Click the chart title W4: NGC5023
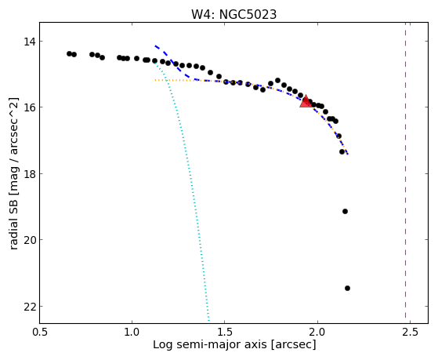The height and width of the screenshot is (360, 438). click(233, 14)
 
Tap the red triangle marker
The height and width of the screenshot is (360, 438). click(306, 102)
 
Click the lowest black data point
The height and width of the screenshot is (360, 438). click(347, 288)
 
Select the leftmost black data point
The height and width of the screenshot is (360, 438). click(69, 53)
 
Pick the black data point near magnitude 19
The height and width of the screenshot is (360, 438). click(346, 211)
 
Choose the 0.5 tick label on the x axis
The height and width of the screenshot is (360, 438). click(40, 332)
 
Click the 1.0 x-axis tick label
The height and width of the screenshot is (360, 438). click(132, 332)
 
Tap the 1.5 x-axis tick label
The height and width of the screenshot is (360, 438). click(225, 332)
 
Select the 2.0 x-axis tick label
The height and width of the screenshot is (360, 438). click(317, 332)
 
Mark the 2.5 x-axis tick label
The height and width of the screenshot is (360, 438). click(410, 332)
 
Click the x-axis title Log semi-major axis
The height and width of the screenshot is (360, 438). click(210, 345)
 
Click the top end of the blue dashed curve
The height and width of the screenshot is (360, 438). click(155, 45)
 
